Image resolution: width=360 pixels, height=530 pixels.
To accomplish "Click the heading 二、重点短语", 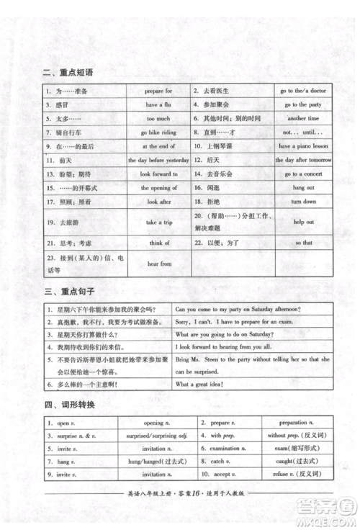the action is click(x=68, y=72).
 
